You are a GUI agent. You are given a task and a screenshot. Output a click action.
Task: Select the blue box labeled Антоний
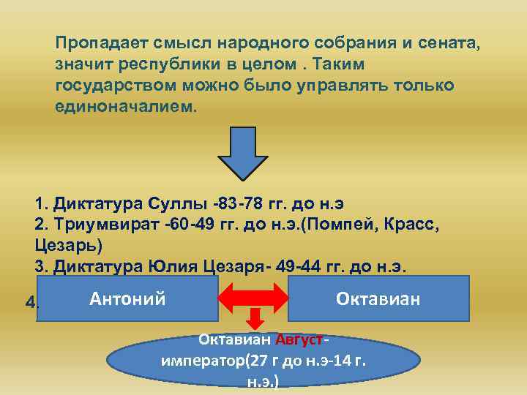click(127, 298)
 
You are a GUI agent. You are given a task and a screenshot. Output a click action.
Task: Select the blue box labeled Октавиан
click(378, 298)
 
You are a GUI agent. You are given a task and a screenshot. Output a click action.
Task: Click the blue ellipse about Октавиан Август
click(263, 361)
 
